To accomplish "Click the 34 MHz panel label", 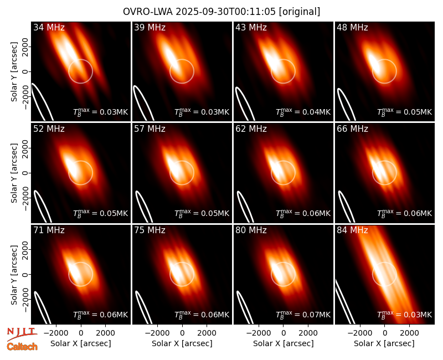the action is [x=49, y=27].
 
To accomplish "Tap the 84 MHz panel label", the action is [x=352, y=230].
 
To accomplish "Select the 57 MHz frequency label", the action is [x=150, y=129].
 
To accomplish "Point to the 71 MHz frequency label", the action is [x=49, y=230].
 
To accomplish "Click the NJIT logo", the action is [x=22, y=334].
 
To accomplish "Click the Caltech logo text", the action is [x=22, y=347].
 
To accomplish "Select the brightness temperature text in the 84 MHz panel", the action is [x=404, y=315].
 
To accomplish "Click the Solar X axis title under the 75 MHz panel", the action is [x=182, y=343].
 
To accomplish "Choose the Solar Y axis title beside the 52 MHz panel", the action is [x=14, y=173].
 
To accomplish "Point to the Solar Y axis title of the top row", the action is [x=14, y=72].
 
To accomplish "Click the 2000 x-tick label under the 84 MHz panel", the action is [x=409, y=333].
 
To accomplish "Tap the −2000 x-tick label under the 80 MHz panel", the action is [x=258, y=333].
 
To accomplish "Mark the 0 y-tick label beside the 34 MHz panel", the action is [x=25, y=71].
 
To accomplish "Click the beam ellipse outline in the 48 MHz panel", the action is [x=346, y=105].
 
